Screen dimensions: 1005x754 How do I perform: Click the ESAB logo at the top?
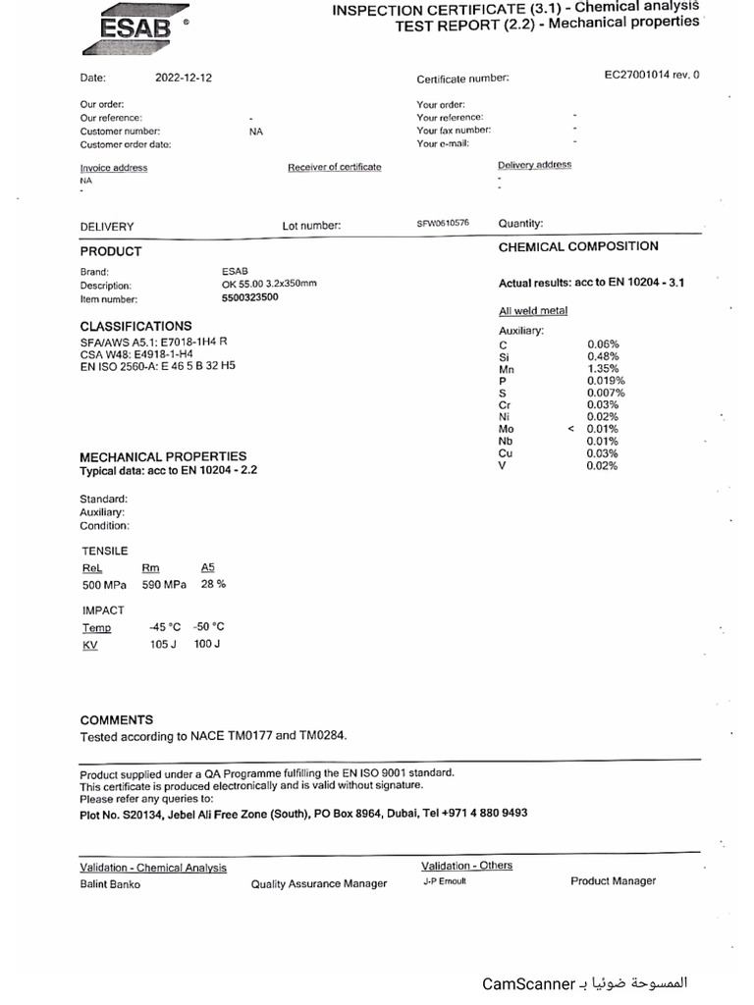pos(135,26)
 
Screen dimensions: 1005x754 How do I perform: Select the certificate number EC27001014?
pos(651,75)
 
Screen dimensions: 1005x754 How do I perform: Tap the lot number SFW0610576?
pos(443,223)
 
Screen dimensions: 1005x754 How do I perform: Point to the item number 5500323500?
pos(250,297)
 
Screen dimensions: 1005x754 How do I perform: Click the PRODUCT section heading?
pos(111,251)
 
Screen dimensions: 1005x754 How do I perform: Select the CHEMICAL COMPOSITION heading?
pos(578,246)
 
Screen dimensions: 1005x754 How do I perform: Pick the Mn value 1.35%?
pos(603,369)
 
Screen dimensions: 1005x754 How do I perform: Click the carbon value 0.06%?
pos(603,344)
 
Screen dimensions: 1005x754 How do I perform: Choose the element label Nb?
pos(506,442)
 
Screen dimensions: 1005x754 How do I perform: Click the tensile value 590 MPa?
pos(164,585)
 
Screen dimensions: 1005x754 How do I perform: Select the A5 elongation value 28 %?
pos(213,584)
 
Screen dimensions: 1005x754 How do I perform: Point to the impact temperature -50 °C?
pos(209,626)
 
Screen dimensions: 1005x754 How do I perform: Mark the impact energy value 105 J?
pos(162,645)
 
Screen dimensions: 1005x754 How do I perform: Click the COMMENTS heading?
pos(117,719)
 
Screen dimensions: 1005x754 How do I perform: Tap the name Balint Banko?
pos(110,884)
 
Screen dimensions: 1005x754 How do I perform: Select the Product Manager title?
pos(613,881)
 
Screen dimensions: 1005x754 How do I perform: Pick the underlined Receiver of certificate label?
pos(334,167)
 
